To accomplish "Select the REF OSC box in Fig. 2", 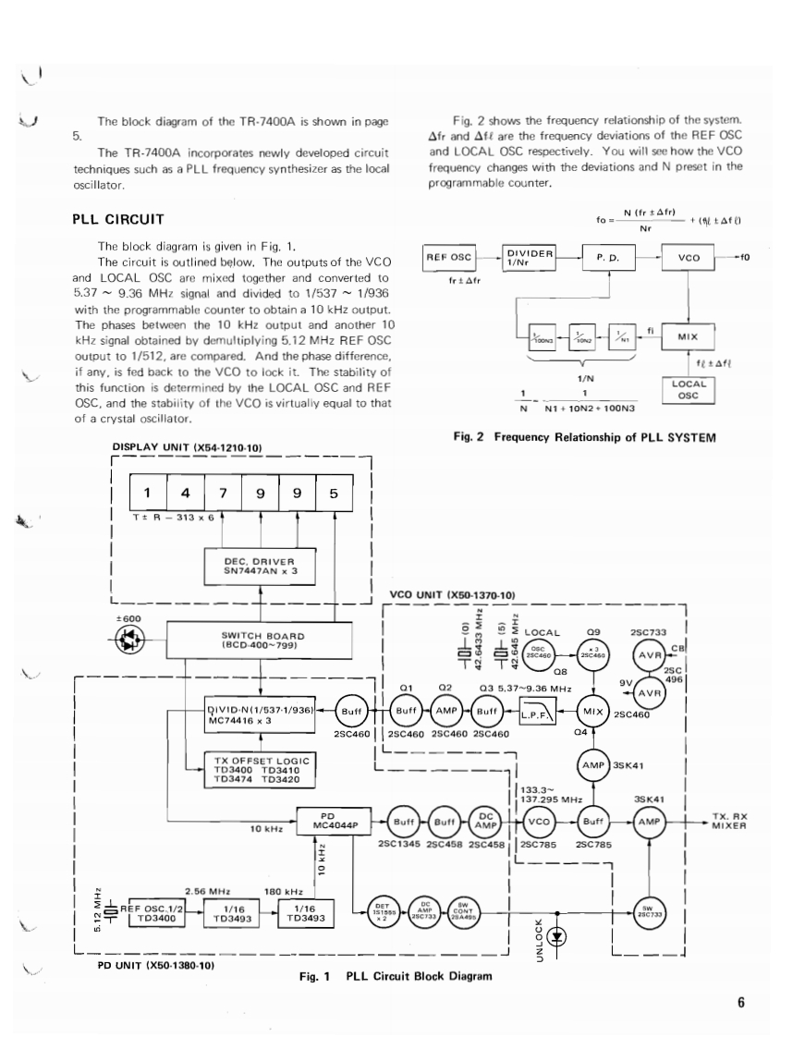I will coord(447,258).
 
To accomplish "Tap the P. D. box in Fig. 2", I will coord(607,259).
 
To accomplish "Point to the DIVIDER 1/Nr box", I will coord(530,258).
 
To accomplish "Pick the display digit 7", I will coord(224,492).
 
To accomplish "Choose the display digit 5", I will coord(334,492).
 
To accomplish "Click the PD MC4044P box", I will coord(326,821).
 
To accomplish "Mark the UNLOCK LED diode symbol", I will coord(557,936).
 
